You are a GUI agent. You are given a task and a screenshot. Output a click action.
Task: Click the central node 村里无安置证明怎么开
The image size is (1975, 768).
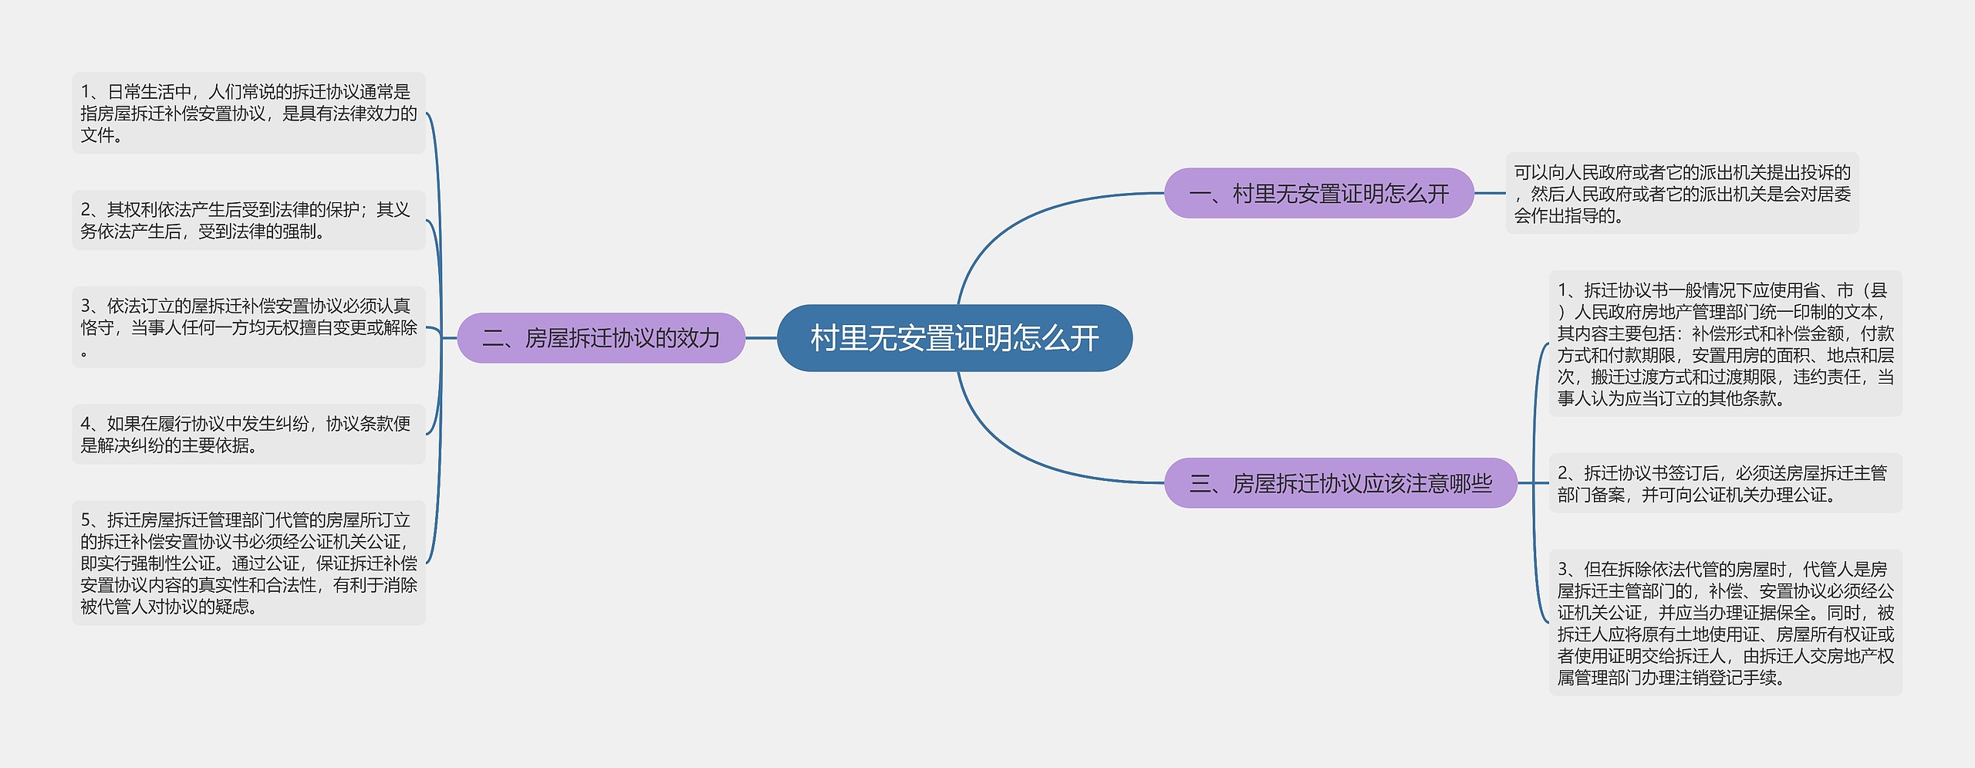[x=954, y=338]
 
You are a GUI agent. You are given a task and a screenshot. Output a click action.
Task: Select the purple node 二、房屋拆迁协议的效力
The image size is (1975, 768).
[x=601, y=338]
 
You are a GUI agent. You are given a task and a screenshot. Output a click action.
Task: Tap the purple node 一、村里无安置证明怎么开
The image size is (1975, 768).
[x=1318, y=193]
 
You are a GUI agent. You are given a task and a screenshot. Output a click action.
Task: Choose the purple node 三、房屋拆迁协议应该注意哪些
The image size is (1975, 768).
[x=1340, y=483]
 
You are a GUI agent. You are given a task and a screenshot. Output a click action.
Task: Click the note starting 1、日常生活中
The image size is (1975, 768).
[x=248, y=113]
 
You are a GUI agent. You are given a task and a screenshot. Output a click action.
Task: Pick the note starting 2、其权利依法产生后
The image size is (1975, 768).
[x=248, y=220]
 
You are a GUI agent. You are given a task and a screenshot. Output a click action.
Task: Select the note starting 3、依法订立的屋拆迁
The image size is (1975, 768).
[x=248, y=327]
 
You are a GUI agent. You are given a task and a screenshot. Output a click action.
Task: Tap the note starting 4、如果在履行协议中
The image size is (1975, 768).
[x=248, y=434]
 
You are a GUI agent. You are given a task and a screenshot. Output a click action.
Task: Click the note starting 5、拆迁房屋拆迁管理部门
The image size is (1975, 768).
[x=248, y=563]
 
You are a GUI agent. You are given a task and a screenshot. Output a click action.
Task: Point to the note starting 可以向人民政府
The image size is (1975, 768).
[x=1682, y=194]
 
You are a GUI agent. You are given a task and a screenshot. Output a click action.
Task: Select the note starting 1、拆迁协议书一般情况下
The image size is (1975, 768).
[x=1725, y=343]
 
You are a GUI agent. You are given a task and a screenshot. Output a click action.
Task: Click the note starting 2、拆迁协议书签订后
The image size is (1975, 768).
[x=1725, y=483]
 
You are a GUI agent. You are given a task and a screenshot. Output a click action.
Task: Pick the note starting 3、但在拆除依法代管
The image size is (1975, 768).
[x=1725, y=622]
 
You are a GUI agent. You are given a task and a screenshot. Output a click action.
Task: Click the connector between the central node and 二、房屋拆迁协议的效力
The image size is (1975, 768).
[x=761, y=338]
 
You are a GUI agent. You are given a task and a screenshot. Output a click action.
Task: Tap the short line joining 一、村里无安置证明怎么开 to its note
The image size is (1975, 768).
[x=1490, y=193]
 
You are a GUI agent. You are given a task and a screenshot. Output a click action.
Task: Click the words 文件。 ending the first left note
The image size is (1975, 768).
[x=101, y=136]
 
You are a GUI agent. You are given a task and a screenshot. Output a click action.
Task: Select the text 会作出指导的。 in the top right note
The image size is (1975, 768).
[x=1568, y=216]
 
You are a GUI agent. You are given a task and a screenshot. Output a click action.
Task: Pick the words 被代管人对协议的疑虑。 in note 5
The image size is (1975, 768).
[x=169, y=607]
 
